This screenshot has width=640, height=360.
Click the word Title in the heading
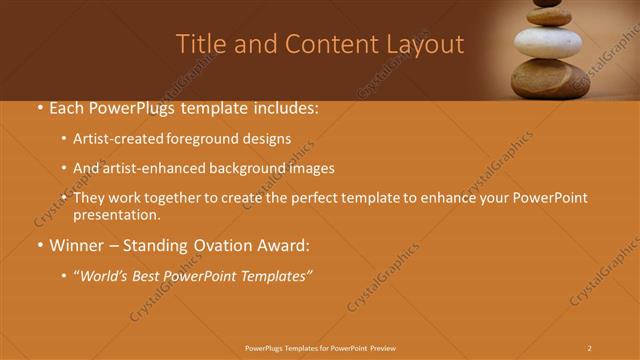tap(197, 44)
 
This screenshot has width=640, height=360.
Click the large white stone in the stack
tap(548, 44)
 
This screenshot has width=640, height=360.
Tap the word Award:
tap(285, 245)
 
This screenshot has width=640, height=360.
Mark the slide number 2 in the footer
tap(589, 347)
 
